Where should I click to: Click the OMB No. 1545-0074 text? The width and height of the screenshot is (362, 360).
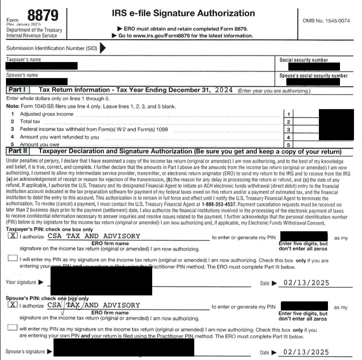tap(326, 21)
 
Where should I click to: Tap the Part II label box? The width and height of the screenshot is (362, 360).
tap(19, 150)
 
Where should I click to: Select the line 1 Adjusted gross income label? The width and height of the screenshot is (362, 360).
tap(47, 114)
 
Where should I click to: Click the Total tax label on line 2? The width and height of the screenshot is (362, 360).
tap(30, 122)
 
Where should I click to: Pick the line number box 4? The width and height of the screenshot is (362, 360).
tap(288, 137)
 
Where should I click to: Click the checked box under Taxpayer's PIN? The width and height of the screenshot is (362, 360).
tap(13, 236)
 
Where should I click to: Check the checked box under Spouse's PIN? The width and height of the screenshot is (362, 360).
tap(13, 305)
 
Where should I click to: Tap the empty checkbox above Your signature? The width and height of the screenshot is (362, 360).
tap(13, 258)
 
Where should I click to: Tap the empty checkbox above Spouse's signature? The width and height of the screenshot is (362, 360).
tap(13, 327)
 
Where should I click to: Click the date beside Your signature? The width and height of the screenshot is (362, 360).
tap(306, 283)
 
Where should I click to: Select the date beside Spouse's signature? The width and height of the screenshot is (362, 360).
tap(306, 352)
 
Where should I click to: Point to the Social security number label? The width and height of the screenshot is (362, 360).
tap(304, 60)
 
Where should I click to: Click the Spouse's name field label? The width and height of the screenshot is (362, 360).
tap(22, 75)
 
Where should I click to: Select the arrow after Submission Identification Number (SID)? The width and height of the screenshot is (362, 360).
tap(103, 48)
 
